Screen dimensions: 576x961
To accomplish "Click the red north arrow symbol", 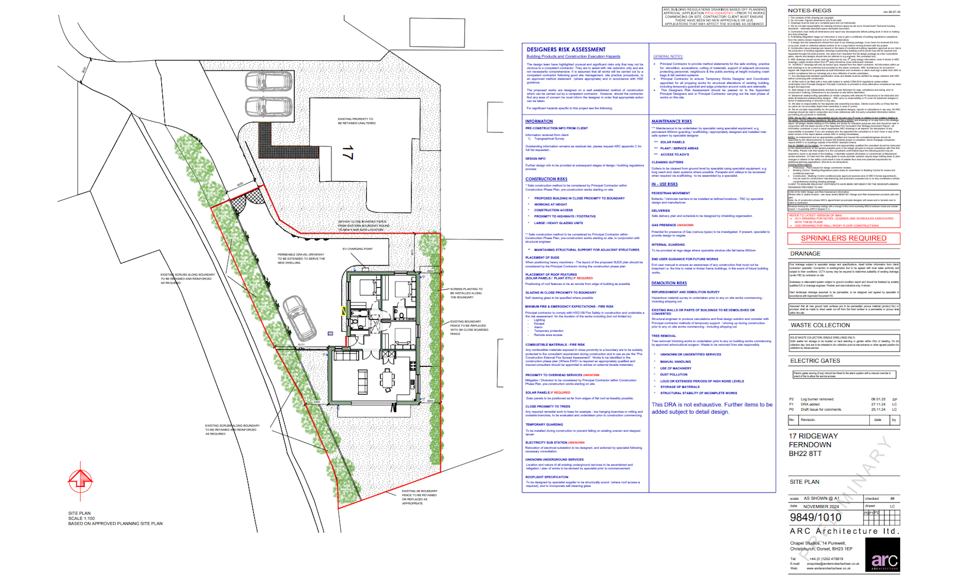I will point(81,479).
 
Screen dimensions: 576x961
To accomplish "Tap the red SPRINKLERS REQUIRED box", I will point(844,238).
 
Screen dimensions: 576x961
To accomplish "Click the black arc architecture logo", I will point(883,555).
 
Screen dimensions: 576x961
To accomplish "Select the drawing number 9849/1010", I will point(815,517).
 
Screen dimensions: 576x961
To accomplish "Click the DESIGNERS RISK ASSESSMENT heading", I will point(566,50).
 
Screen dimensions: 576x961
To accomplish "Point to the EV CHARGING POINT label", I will point(358,249).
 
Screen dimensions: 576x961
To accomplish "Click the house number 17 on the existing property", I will point(348,153).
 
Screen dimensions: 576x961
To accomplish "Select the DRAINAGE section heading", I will point(805,254).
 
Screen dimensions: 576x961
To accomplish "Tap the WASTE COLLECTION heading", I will point(820,325).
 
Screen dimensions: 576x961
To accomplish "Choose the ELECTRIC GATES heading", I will point(815,361).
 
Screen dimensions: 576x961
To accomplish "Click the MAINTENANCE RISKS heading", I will point(671,122).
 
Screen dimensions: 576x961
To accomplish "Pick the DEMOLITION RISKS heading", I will point(669,283).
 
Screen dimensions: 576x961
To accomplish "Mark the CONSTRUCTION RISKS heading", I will point(546,179).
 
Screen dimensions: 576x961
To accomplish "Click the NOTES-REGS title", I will point(809,11).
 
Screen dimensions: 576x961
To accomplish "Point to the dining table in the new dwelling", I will point(387,380).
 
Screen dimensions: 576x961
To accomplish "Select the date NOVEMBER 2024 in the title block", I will point(821,507).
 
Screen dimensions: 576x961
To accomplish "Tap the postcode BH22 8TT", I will point(805,454).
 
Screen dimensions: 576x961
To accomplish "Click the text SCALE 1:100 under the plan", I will point(81,518).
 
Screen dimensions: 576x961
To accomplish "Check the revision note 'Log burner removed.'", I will point(817,399).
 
